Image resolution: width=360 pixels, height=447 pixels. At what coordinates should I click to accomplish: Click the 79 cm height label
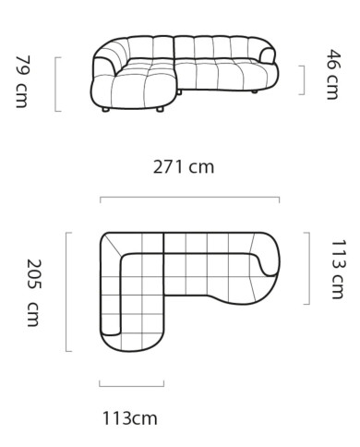[x=22, y=81]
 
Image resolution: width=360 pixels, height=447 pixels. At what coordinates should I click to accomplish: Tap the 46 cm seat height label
[x=334, y=75]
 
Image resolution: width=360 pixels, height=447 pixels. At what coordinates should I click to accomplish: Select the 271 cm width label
[x=184, y=167]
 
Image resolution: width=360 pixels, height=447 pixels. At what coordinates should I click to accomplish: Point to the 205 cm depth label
[x=34, y=293]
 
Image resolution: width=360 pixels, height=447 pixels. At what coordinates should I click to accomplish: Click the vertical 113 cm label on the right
[x=338, y=269]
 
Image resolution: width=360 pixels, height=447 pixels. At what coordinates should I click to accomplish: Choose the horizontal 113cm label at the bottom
[x=130, y=418]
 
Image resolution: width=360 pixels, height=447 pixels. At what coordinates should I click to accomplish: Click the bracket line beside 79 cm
[x=55, y=84]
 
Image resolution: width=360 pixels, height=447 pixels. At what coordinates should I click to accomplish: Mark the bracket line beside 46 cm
[x=304, y=80]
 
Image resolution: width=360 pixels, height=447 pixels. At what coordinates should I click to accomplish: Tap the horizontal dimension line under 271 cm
[x=189, y=197]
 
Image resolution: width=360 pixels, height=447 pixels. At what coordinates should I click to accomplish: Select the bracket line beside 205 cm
[x=66, y=292]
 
